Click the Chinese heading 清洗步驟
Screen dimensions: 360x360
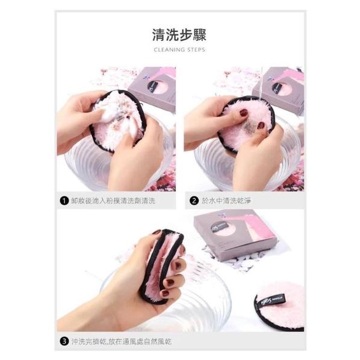click(179, 35)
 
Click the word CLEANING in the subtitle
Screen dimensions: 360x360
click(169, 49)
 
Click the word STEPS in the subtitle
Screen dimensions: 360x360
click(196, 49)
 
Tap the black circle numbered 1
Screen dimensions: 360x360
click(64, 201)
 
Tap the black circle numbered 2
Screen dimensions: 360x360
click(194, 201)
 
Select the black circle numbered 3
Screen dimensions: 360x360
click(64, 341)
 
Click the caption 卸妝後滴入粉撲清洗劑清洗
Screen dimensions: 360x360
click(113, 201)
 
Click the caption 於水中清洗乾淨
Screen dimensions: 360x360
click(226, 201)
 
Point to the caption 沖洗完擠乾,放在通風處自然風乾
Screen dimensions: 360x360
click(122, 341)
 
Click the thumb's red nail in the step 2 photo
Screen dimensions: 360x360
click(244, 113)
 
